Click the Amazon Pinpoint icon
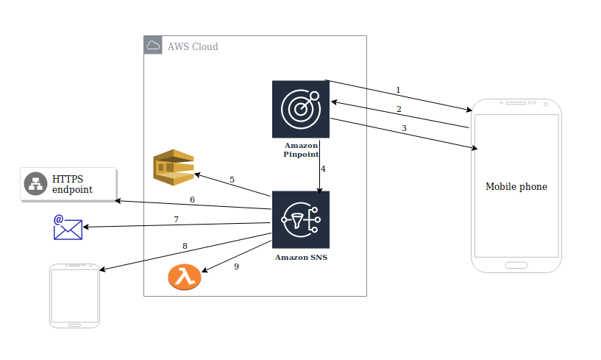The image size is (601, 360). coord(300,109)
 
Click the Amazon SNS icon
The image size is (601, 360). coord(300,219)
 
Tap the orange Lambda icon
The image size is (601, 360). coord(184,277)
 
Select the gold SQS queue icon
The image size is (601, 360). coord(173,166)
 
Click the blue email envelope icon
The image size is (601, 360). coord(68,227)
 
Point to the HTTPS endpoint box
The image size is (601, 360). coord(68,184)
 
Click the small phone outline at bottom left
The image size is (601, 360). coord(74,294)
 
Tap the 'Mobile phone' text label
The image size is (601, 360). coord(516,187)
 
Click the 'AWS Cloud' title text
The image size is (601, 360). coord(193,47)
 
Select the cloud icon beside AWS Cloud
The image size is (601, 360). coord(153,46)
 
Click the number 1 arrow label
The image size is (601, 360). coord(398,91)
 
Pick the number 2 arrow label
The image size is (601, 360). coord(399,110)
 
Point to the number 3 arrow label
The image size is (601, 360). coord(403,129)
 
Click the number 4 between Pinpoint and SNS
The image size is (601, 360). coord(322,169)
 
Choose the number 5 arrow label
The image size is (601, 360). coord(232,180)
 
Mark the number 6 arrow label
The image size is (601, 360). coord(192,200)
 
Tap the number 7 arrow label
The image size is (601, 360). coord(176,219)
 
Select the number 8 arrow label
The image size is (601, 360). coord(185,246)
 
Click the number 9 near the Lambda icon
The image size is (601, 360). coord(236,267)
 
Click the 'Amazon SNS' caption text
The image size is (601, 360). coord(301,258)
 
